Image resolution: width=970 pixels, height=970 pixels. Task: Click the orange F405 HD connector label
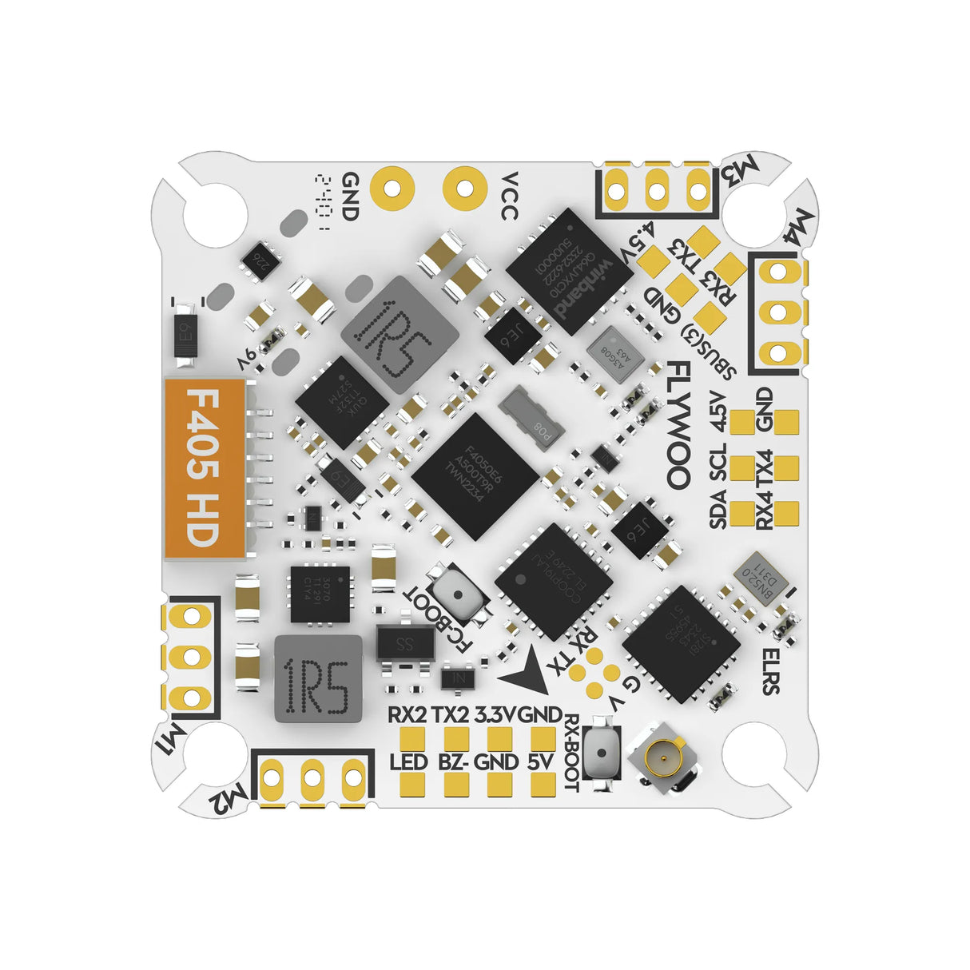[x=204, y=468]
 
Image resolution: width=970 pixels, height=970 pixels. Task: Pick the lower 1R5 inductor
[x=314, y=678]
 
